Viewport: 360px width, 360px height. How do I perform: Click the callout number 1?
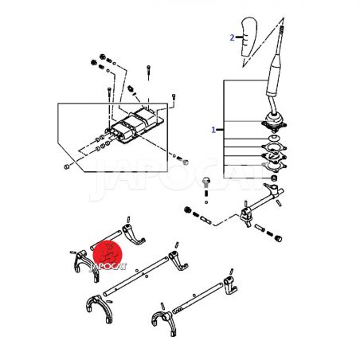pos(213,130)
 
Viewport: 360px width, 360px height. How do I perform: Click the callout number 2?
pos(232,37)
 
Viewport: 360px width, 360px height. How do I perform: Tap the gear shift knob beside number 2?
pos(249,37)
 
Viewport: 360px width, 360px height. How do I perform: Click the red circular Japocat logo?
pos(108,254)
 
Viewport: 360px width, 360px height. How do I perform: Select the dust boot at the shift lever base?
pos(274,122)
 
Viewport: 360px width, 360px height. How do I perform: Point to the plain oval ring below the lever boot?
pos(274,138)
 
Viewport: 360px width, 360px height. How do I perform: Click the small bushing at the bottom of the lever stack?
pos(274,177)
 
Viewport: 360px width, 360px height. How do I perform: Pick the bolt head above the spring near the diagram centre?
pos(206,182)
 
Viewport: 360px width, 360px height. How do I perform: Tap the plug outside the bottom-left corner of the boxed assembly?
pos(67,166)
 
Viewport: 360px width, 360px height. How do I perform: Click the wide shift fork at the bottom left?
pos(100,309)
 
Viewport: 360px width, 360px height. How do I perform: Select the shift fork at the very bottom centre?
pos(165,323)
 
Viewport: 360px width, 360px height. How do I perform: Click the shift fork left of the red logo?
pos(84,265)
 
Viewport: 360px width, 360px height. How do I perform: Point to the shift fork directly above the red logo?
pos(134,233)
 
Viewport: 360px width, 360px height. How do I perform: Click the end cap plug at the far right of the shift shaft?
pos(278,238)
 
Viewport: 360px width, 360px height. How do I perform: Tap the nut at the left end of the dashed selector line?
pos(187,210)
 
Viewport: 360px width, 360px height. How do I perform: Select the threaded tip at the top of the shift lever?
pos(282,29)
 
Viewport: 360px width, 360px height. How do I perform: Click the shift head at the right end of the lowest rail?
pos(230,285)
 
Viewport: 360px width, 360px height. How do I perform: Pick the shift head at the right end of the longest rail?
pos(178,260)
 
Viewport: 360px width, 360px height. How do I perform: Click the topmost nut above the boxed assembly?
pos(103,57)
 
